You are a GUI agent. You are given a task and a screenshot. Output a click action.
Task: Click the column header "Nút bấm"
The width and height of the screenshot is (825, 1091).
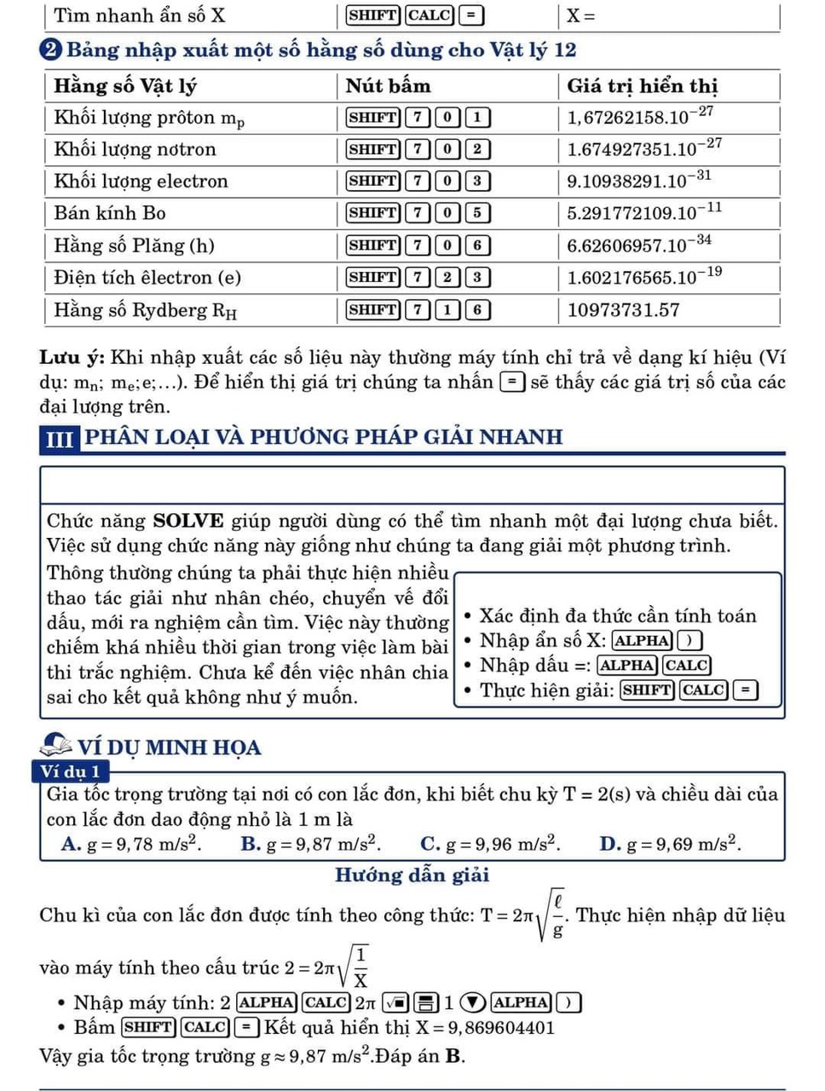[x=388, y=86]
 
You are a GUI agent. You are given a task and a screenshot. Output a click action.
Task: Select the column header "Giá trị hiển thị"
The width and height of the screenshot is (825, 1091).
[x=642, y=86]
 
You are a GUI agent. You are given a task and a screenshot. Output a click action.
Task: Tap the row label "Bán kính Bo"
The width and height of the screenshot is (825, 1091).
[x=110, y=213]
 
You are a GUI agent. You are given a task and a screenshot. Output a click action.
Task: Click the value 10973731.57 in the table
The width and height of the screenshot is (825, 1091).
[x=623, y=310]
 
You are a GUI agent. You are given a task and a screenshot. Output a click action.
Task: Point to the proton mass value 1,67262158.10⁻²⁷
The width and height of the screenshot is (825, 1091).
[x=640, y=117]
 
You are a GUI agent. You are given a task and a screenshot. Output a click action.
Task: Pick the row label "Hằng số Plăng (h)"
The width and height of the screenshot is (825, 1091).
[x=134, y=245]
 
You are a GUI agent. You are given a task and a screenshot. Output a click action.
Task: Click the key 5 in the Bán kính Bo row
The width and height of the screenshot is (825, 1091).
[x=477, y=213]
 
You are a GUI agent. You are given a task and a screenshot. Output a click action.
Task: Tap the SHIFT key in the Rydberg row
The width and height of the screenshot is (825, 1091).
[x=372, y=310]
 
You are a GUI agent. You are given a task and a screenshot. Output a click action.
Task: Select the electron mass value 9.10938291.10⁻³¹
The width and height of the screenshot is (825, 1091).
[x=639, y=181]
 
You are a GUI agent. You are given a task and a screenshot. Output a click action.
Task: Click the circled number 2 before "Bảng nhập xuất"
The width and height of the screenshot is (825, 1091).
[x=51, y=50]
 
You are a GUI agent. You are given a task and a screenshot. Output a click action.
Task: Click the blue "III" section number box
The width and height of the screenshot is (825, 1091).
[x=59, y=439]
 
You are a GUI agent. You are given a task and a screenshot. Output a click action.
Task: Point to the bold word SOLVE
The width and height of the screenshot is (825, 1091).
[x=188, y=521]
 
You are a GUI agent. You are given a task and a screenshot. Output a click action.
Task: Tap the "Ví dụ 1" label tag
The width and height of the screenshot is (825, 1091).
[x=71, y=772]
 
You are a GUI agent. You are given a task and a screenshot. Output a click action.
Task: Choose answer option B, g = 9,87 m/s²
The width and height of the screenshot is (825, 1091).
[x=311, y=845]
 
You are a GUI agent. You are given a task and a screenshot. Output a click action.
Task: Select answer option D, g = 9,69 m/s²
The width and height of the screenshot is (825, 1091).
[x=671, y=845]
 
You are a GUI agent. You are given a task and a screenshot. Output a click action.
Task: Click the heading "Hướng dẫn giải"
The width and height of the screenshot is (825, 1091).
[x=412, y=875]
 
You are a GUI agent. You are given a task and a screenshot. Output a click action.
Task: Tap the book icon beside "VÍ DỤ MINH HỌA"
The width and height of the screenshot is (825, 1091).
[x=56, y=745]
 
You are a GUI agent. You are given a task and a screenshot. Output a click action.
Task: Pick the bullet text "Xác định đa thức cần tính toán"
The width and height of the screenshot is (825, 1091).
[x=617, y=615]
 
